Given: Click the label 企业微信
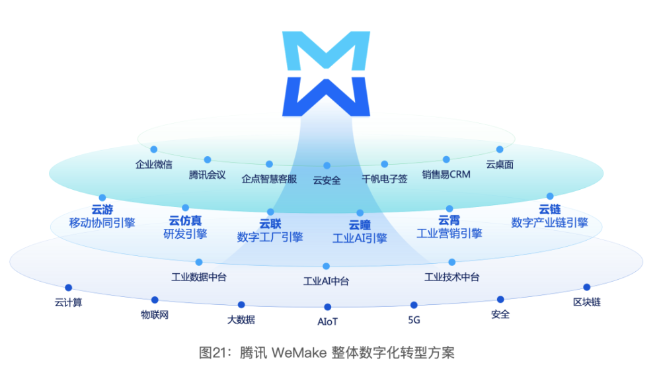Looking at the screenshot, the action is [x=154, y=165].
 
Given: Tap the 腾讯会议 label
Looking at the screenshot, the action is [x=208, y=175].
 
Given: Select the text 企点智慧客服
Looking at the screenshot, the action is [x=270, y=179].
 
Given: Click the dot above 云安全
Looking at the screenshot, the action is [x=327, y=166].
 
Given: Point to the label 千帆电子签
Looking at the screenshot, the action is [x=385, y=179].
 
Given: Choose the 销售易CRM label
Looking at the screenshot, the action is [x=446, y=175].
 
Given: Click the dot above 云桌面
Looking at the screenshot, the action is [x=500, y=149].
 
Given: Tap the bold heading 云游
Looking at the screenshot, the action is [x=102, y=209].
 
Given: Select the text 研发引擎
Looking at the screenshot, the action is [x=186, y=233].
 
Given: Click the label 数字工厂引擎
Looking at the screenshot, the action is [x=270, y=237].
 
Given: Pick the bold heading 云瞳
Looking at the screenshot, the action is [x=360, y=225].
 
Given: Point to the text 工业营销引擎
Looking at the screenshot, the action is [x=449, y=233].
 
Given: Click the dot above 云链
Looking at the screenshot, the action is [x=550, y=196].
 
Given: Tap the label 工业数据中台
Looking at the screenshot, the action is [x=199, y=277].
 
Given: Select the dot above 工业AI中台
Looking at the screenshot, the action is [x=327, y=267].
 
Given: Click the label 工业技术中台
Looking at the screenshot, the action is [x=452, y=277].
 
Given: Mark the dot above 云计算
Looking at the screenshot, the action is [x=68, y=288].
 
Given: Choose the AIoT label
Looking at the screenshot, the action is [x=328, y=321].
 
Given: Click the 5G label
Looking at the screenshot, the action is [x=414, y=320].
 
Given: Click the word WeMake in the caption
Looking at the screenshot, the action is [x=299, y=353].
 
